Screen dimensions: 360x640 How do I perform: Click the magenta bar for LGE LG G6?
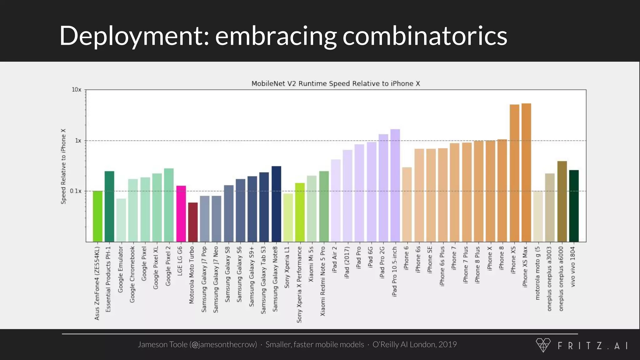[x=181, y=214]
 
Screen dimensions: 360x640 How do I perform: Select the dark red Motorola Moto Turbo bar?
[x=193, y=222]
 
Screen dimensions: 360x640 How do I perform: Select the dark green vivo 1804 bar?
[x=574, y=206]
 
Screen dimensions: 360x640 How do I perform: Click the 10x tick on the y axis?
[x=77, y=90]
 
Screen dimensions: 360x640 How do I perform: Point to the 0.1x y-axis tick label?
[x=75, y=191]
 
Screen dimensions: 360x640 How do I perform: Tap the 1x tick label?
[x=78, y=141]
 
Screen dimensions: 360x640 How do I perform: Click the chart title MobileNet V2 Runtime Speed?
[x=336, y=83]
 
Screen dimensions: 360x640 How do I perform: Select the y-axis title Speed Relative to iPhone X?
[x=63, y=166]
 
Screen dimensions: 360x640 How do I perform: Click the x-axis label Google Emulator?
[x=121, y=269]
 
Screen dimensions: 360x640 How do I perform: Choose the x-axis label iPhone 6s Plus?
[x=442, y=266]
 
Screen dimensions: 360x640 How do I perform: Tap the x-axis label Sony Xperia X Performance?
[x=299, y=284]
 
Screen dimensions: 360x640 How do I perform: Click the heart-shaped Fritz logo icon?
[x=543, y=345]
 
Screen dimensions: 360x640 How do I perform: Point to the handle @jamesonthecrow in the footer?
[x=223, y=344]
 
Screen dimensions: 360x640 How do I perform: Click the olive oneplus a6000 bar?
[x=562, y=202]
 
